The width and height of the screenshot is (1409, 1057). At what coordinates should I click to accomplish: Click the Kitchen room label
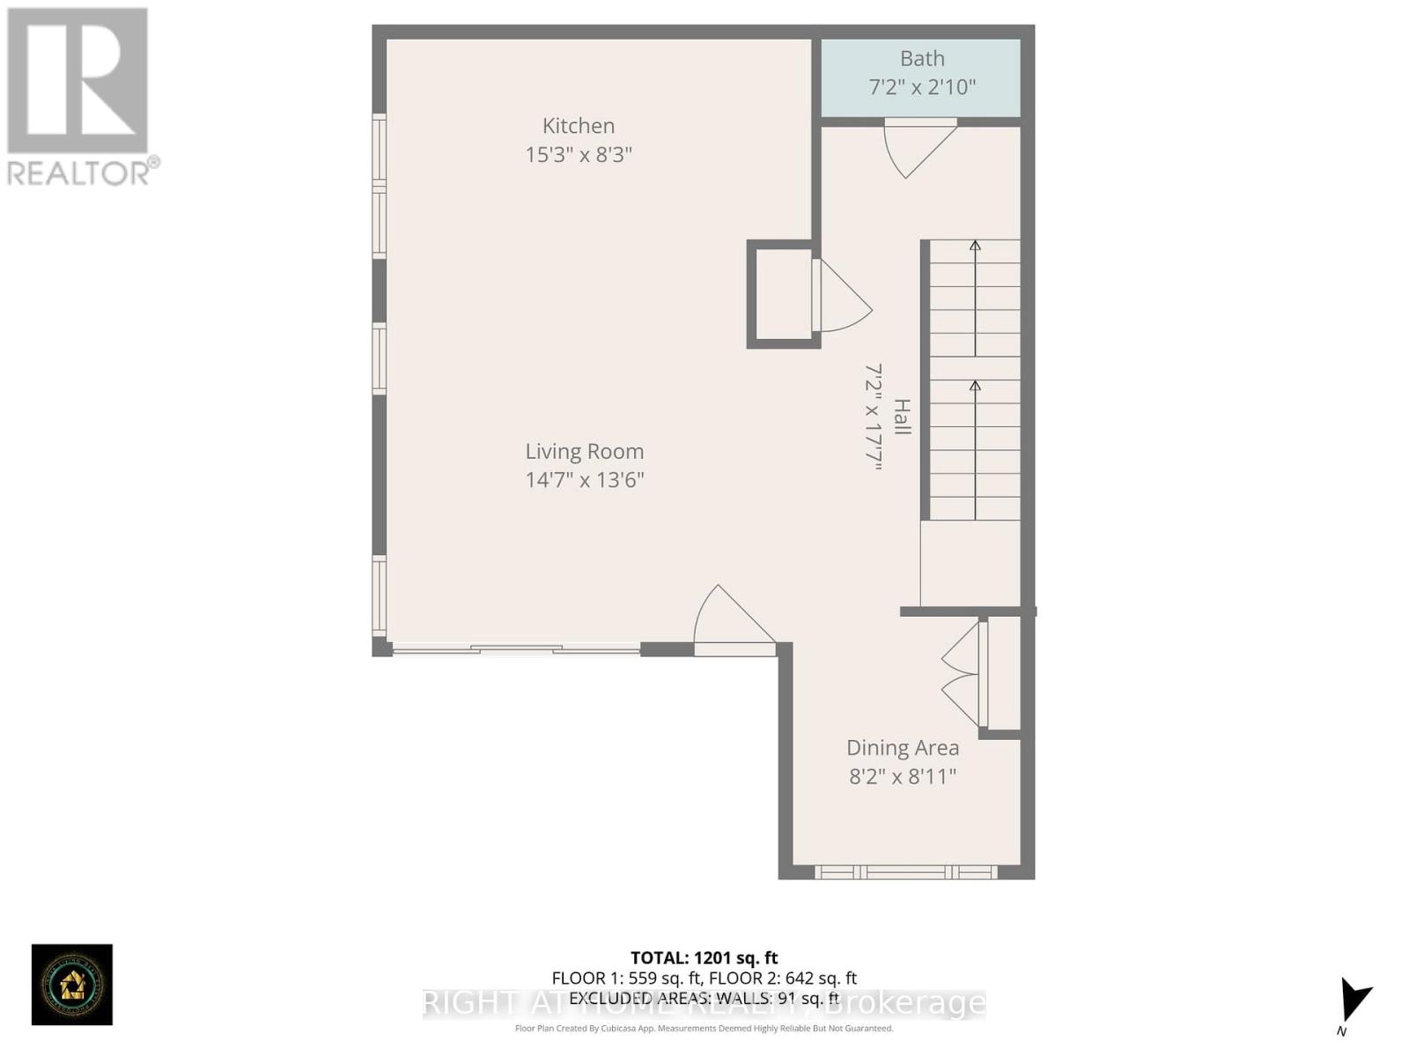coord(579,126)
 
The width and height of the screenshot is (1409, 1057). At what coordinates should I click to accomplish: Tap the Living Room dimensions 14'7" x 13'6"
coord(585,480)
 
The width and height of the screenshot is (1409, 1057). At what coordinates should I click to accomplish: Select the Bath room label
coord(922,59)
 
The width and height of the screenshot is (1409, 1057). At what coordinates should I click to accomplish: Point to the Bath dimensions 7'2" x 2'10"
coord(922,87)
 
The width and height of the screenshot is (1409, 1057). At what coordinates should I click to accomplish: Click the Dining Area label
coord(903,748)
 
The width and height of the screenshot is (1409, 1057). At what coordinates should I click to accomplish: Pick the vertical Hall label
coord(902,417)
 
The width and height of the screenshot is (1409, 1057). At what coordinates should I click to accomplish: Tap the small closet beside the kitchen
coord(783,294)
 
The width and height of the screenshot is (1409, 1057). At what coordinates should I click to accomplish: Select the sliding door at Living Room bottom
coord(516,650)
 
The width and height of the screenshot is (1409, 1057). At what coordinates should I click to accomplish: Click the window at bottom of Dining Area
coord(905,872)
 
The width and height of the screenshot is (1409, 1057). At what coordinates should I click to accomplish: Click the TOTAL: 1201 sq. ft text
coord(704,957)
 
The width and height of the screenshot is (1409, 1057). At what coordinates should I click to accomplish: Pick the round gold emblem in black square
coord(72,985)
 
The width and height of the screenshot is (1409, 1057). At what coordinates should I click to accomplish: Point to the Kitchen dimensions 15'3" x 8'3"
coord(579,155)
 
